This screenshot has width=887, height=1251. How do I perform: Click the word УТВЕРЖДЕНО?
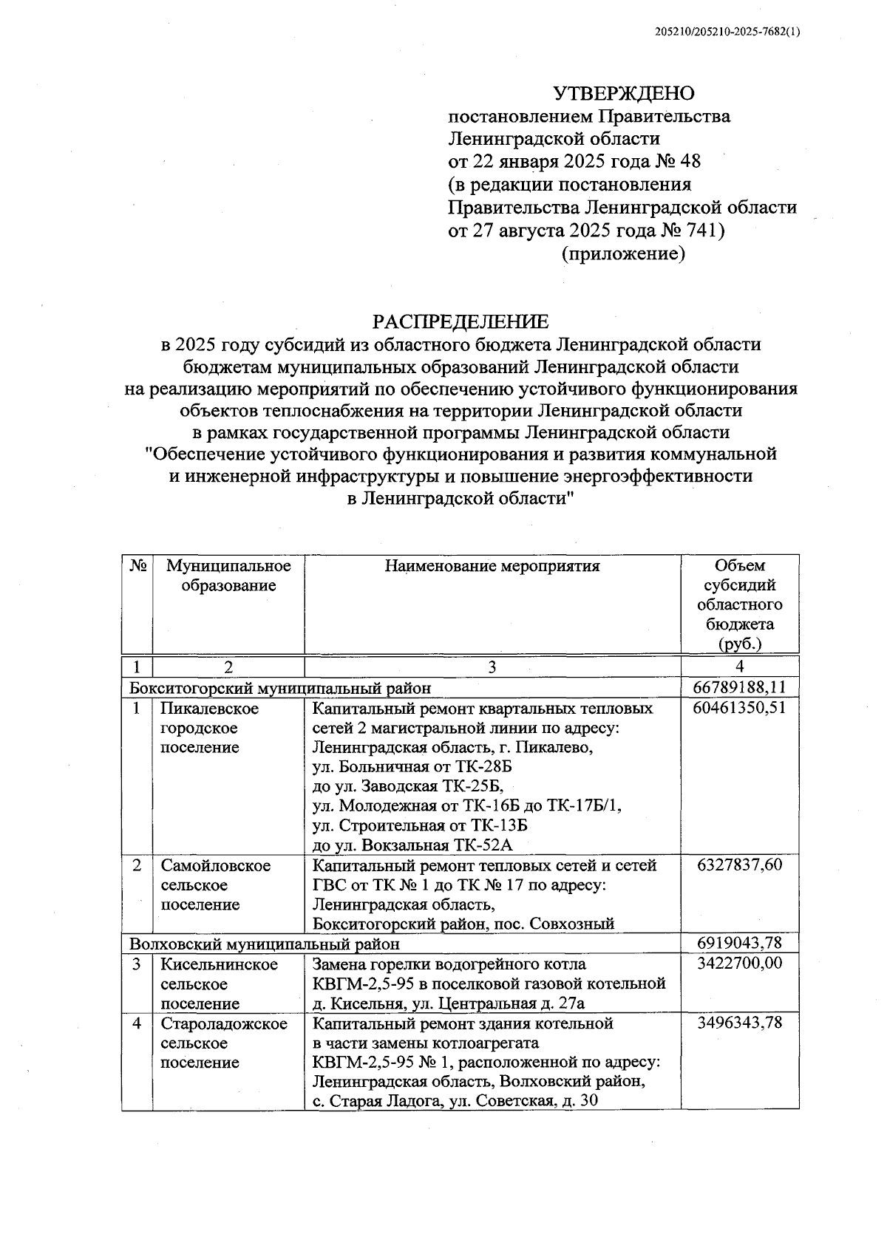point(625,94)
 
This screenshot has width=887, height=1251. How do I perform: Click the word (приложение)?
point(623,254)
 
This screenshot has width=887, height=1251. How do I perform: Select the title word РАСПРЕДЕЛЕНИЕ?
point(461,321)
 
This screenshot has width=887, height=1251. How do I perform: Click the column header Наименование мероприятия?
point(492,567)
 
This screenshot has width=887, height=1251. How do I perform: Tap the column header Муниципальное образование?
point(228,576)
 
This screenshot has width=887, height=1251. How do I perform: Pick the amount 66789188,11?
point(739,688)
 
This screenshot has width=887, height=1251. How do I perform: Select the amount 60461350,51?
point(739,709)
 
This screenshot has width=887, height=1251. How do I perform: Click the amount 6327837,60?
point(739,865)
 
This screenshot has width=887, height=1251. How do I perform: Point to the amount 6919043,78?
point(739,944)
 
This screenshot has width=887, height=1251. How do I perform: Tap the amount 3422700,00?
point(739,964)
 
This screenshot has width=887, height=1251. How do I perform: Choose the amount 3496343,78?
point(739,1023)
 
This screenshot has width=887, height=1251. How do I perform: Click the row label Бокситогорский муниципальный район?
point(280,688)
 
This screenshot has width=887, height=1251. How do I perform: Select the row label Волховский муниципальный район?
point(265,944)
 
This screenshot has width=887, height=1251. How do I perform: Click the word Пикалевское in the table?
point(210,709)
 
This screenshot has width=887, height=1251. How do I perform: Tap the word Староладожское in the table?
point(224,1024)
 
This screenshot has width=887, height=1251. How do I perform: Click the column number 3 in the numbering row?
point(492,667)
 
